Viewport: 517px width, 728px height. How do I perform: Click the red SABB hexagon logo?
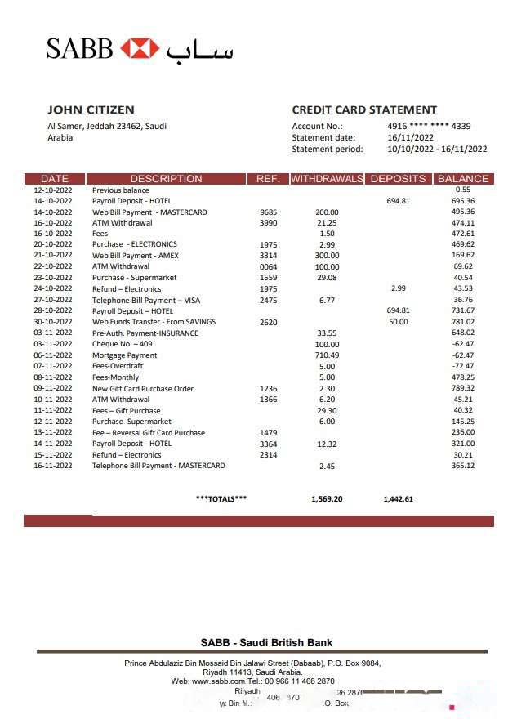coord(140,48)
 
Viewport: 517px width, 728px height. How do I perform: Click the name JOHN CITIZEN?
coord(91,109)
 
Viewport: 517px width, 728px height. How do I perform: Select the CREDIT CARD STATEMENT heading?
coord(364,109)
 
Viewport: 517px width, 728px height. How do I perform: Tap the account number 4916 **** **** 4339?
coord(429,126)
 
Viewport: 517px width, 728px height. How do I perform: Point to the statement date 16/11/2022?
coord(408,137)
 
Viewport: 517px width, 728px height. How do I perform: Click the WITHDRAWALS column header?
coord(327,178)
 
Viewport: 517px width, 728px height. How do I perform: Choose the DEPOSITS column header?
coord(398,178)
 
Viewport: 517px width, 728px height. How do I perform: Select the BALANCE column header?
coord(463,178)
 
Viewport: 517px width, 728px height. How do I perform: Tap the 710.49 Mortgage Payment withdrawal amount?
coord(327,355)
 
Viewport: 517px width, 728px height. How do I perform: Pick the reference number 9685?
coord(268,212)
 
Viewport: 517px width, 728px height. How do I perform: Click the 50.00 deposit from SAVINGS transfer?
coord(398,322)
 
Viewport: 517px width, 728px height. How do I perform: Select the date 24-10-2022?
coord(53,288)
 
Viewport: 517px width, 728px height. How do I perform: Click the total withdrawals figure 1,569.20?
coord(327,498)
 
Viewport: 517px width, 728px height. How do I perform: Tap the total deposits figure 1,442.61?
coord(398,498)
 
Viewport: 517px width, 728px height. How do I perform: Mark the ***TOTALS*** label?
coord(221,498)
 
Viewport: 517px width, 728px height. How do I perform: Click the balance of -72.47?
coord(463,366)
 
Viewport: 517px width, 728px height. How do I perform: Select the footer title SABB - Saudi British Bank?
coord(266,642)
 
